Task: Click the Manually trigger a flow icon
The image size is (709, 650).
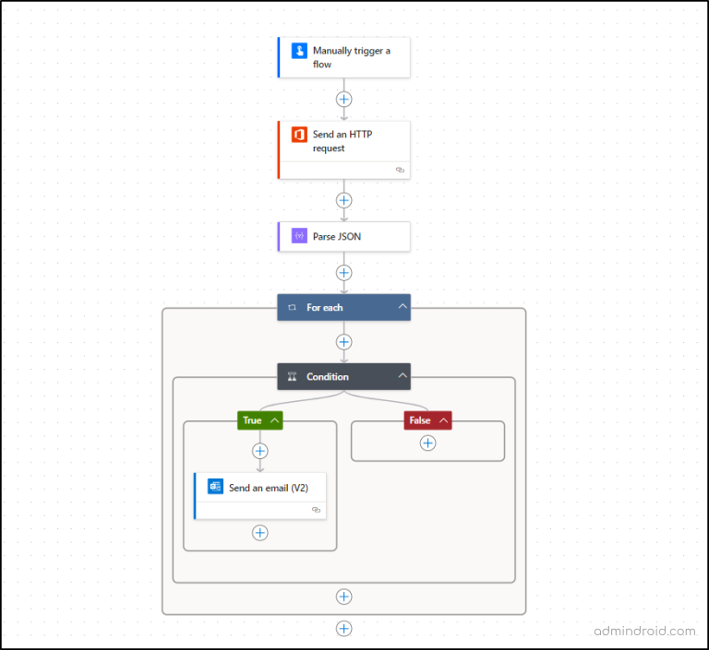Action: tap(299, 51)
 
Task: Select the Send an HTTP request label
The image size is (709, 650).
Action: tap(342, 141)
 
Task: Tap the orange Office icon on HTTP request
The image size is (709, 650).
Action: tap(299, 135)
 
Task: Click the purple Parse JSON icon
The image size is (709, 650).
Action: tap(299, 236)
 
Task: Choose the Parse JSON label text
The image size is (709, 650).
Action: tap(337, 237)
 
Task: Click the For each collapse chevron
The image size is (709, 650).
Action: tap(403, 307)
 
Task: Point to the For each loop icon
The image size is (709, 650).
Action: tap(293, 307)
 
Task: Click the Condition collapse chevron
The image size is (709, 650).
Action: tap(403, 376)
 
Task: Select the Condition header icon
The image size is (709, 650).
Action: tap(293, 376)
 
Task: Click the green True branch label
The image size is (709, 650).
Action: tap(252, 420)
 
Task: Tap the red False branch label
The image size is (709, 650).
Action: tap(419, 420)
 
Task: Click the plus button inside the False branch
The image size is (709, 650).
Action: tap(427, 443)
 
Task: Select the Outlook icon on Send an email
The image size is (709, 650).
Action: tap(215, 487)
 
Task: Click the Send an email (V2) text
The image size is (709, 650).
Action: tap(269, 488)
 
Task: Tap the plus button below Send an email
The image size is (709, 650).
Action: tap(260, 533)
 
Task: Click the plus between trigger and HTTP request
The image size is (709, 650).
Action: tap(344, 99)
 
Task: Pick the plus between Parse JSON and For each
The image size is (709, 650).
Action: tap(344, 273)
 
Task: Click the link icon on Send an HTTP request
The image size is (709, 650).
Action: tap(400, 170)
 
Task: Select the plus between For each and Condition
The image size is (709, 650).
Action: tap(344, 342)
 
